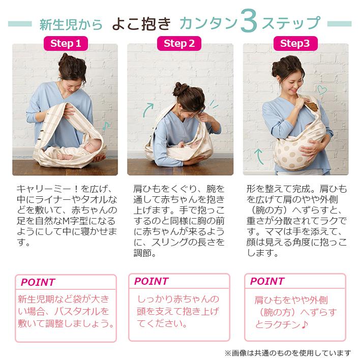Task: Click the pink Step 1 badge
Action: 66,43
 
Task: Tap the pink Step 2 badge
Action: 179,43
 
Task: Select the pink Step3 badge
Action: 295,43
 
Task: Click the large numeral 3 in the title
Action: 249,21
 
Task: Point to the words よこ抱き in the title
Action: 142,24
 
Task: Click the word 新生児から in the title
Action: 71,24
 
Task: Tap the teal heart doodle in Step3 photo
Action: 322,90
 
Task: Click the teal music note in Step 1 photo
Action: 106,126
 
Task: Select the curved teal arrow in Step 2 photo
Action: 147,110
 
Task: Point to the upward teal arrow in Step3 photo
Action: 259,156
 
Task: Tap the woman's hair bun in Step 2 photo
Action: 180,89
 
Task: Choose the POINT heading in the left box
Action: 38,282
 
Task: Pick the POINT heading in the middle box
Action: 152,281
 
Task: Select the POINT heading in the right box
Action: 267,281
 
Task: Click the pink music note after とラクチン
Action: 305,324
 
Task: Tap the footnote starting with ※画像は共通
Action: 288,353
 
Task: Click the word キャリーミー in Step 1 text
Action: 44,189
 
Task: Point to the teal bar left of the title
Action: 20,24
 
